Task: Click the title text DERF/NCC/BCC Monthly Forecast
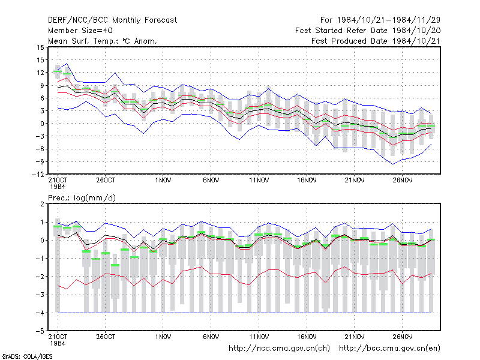(x=112, y=20)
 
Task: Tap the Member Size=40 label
(x=80, y=31)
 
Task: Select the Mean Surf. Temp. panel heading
(x=102, y=41)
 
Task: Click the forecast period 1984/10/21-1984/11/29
(x=380, y=20)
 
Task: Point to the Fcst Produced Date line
(x=376, y=41)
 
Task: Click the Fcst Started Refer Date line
(x=368, y=31)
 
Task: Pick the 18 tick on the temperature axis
(x=40, y=47)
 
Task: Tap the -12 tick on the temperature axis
(x=38, y=174)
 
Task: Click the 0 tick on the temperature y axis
(x=42, y=124)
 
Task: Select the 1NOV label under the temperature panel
(x=163, y=181)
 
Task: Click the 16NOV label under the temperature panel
(x=307, y=181)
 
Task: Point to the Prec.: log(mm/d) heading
(x=82, y=198)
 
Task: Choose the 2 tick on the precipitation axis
(x=42, y=204)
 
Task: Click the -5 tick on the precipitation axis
(x=40, y=331)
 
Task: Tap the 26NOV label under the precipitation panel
(x=402, y=337)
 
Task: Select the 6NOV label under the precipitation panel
(x=211, y=337)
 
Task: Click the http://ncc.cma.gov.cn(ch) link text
(x=279, y=349)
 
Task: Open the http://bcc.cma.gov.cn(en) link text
(x=389, y=349)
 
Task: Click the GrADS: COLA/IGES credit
(x=28, y=356)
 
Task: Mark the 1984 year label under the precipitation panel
(x=58, y=343)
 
